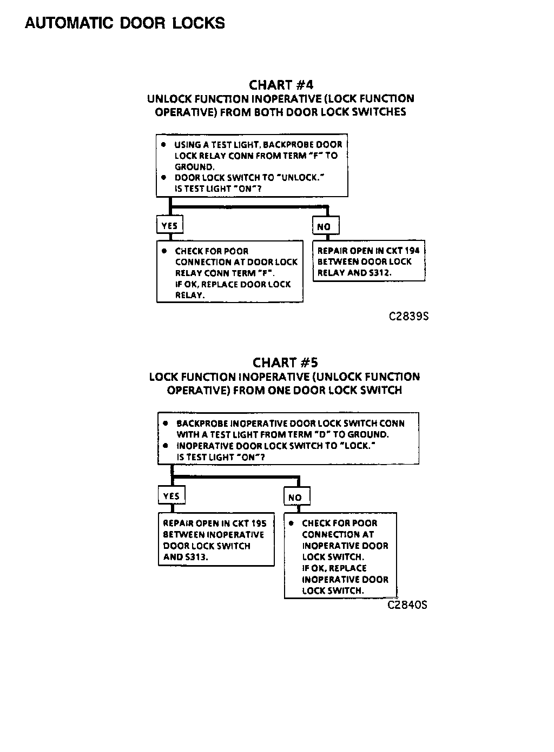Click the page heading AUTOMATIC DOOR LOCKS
coord(125,23)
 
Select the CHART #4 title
coord(281,85)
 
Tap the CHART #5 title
coord(285,362)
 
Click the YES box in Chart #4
coord(169,225)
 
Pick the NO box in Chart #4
coord(325,226)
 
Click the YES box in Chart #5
coord(172,496)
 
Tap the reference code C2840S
coord(407,605)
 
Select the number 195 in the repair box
coord(259,523)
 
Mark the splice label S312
coord(380,273)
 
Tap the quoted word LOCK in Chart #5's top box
coord(357,446)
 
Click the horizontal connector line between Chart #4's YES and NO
coord(249,206)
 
